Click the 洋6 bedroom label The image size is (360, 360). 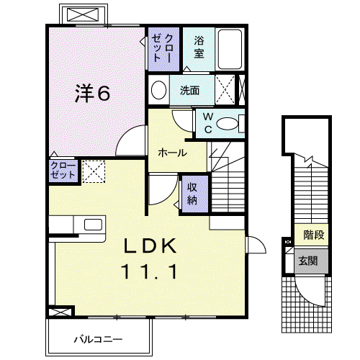[x=93, y=93]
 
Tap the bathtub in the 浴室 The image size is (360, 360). [x=230, y=49]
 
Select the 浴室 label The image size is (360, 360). [x=199, y=47]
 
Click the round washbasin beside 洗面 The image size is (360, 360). [x=158, y=90]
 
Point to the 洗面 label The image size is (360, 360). [x=189, y=91]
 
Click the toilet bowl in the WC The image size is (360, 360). [x=228, y=124]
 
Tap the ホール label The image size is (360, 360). [x=172, y=153]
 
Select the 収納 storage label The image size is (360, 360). [x=192, y=194]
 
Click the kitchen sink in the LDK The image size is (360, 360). [x=93, y=225]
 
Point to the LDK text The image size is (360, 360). [x=150, y=246]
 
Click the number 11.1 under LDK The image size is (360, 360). [x=149, y=271]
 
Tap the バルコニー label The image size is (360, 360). [x=98, y=339]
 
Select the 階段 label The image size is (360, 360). [x=314, y=235]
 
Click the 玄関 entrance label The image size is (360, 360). [x=308, y=261]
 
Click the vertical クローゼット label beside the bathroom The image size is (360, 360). [x=163, y=48]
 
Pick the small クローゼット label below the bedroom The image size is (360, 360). [x=63, y=170]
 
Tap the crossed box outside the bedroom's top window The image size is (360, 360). [x=83, y=14]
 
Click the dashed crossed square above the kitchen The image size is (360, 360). [x=94, y=171]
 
